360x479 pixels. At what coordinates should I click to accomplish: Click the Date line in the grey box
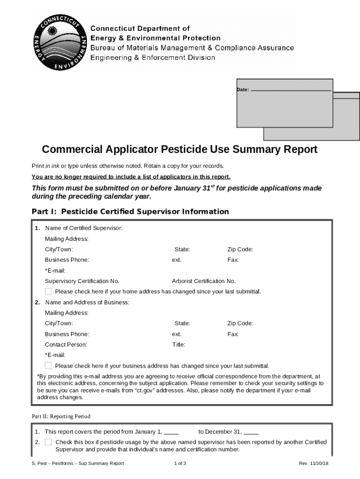coord(291,89)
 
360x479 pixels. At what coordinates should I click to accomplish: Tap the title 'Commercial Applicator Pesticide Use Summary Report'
coord(180,150)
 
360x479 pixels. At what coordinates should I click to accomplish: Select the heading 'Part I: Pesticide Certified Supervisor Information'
coord(130,211)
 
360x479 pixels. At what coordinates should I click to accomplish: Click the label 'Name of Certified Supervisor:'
coord(84,228)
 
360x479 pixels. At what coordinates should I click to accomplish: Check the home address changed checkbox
coord(48,291)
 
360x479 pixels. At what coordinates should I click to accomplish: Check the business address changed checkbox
coord(48,365)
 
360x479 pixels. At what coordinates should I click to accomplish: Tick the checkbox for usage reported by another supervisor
coord(48,442)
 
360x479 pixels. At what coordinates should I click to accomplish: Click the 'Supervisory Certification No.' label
coord(82,281)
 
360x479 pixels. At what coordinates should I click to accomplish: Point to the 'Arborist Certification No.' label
coord(204,281)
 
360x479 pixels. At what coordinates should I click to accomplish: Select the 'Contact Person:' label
coord(66,345)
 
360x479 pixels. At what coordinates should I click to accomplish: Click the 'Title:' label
coord(179,345)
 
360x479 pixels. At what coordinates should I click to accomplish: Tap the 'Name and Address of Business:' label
coord(87,303)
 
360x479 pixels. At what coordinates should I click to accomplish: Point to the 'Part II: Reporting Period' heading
coord(61,416)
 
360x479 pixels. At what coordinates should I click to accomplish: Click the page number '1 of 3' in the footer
coord(180,464)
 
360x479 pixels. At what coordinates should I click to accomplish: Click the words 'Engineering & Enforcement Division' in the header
coord(152,58)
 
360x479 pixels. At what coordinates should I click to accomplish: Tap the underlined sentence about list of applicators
coord(131,177)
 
